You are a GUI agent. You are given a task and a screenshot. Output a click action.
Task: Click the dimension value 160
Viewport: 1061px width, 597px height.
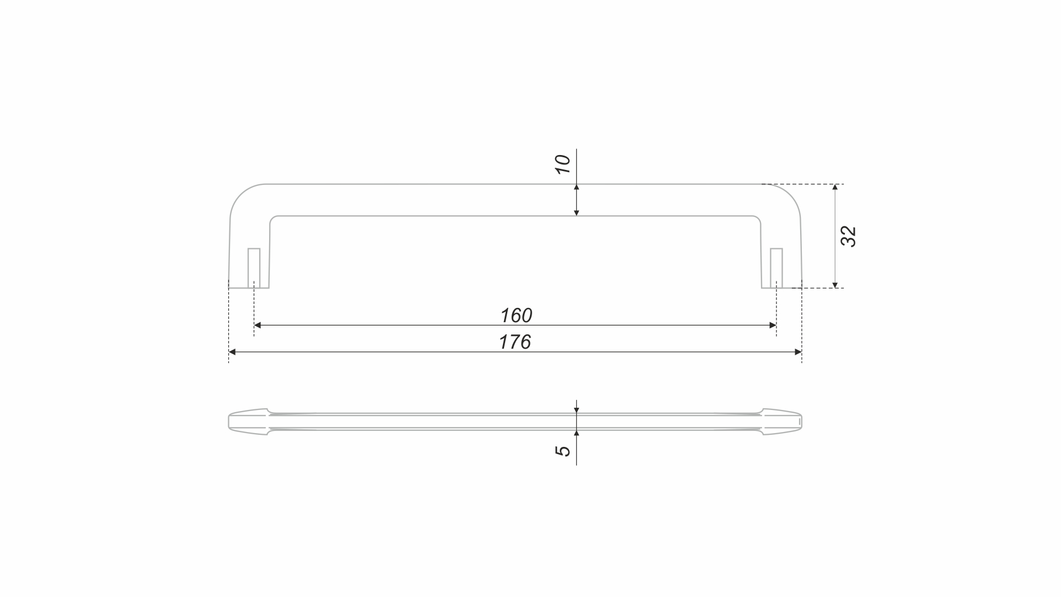click(516, 316)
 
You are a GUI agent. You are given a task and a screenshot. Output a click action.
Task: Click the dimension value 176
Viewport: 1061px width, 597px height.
click(515, 342)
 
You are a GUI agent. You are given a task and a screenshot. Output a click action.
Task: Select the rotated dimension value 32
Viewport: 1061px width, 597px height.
click(849, 237)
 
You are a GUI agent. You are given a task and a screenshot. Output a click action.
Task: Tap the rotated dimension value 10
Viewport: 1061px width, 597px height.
click(562, 164)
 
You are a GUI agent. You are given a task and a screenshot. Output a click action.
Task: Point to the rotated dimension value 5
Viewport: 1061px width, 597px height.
click(562, 451)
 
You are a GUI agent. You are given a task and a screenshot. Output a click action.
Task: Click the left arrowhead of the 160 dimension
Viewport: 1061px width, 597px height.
click(258, 326)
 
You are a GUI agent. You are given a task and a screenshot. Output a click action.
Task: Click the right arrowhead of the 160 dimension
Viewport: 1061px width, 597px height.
click(773, 326)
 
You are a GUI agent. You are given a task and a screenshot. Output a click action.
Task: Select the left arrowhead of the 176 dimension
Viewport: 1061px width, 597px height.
click(232, 352)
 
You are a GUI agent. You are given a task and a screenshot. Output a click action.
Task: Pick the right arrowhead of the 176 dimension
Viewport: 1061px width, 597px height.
click(798, 352)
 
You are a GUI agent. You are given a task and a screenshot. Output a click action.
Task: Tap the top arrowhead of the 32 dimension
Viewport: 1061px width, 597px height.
click(835, 188)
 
